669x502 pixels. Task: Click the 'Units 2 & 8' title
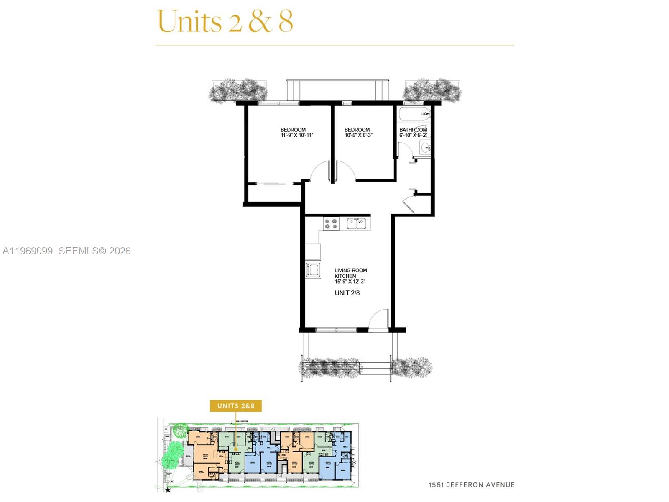[x=225, y=21]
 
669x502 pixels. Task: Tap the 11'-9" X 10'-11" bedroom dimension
[x=297, y=136]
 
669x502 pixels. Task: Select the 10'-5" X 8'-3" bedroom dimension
[x=358, y=136]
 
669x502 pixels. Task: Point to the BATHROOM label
[x=413, y=130]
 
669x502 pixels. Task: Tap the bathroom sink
[x=426, y=147]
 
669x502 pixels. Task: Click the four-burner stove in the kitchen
[x=331, y=224]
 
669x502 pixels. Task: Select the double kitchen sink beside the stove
[x=358, y=224]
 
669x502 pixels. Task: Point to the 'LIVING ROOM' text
[x=350, y=270]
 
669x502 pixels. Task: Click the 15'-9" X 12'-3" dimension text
[x=350, y=282]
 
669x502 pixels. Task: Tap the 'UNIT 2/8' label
[x=347, y=293]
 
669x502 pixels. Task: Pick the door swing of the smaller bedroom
[x=345, y=172]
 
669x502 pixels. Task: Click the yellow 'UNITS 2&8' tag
[x=236, y=406]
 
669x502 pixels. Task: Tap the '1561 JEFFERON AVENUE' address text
[x=471, y=485]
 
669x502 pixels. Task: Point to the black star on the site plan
[x=168, y=490]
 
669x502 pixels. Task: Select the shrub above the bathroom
[x=432, y=90]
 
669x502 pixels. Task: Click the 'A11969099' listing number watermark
[x=28, y=251]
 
